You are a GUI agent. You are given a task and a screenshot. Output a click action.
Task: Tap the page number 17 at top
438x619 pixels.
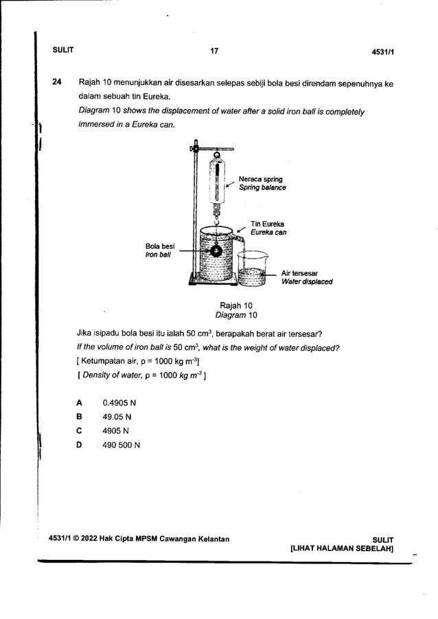pos(214,51)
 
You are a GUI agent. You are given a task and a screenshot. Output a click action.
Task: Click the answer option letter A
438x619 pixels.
pos(80,402)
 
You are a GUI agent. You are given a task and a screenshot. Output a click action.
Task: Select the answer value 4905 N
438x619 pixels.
pos(115,431)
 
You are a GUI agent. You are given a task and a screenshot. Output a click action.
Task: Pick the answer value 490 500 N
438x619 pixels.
pos(121,445)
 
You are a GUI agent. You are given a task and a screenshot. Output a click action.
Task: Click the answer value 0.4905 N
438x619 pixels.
pos(119,402)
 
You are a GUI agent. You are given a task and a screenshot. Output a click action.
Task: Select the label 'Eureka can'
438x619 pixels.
pos(268,233)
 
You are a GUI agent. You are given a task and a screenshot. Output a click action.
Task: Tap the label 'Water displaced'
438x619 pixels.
pos(307,281)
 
